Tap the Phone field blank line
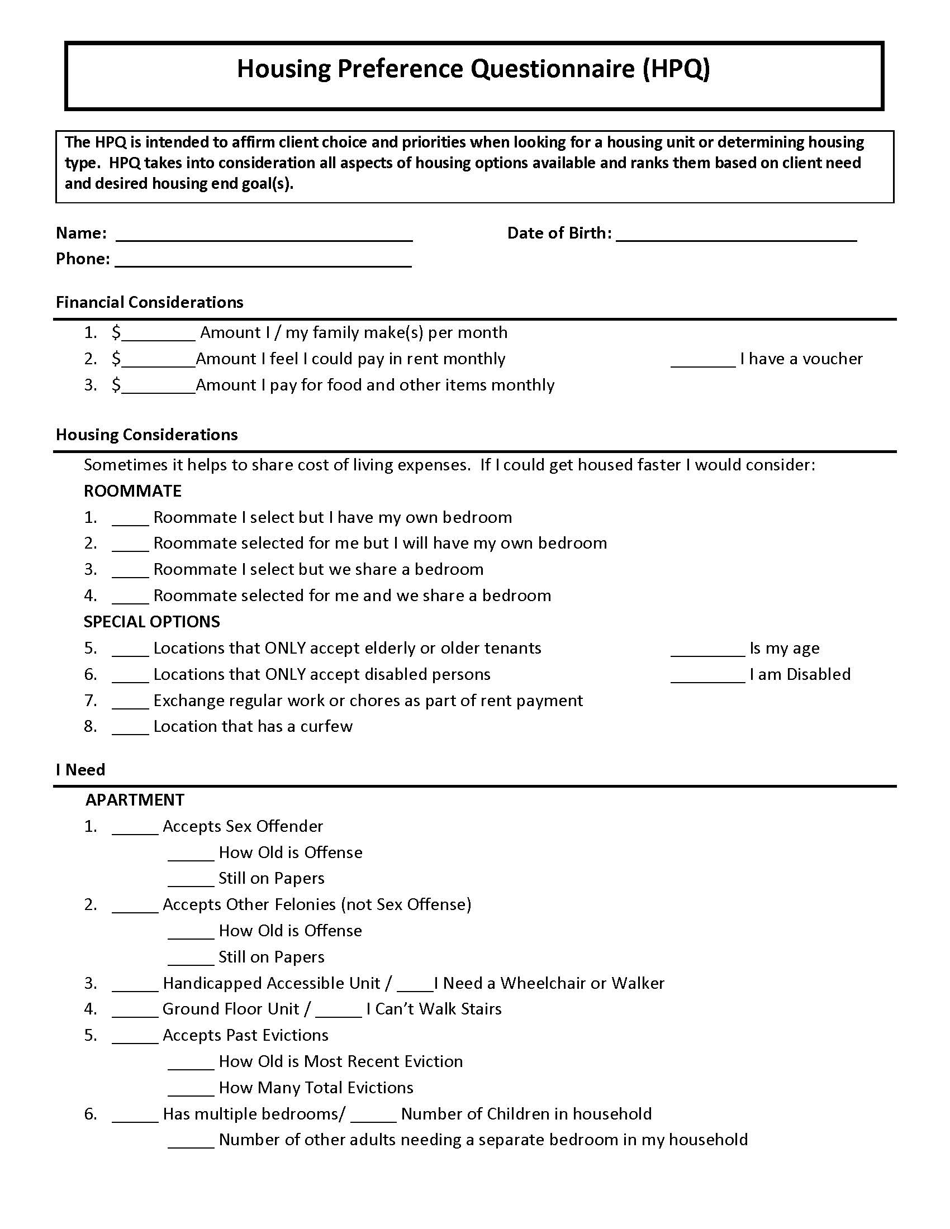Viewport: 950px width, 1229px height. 263,261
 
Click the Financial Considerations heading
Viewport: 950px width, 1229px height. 149,302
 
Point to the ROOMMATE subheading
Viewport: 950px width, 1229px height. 132,490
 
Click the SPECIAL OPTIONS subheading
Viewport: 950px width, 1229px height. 151,621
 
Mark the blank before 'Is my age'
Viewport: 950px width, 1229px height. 707,650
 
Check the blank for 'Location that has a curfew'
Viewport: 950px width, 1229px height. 130,728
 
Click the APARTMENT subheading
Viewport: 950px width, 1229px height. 135,799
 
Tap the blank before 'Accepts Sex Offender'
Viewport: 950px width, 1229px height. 135,829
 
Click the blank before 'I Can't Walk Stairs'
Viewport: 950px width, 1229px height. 338,1011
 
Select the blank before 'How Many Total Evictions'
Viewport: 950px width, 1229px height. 191,1090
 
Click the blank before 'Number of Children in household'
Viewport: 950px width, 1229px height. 373,1117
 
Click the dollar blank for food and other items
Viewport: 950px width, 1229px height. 158,387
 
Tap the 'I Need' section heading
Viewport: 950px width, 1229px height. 80,769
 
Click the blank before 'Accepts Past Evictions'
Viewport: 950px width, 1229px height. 135,1038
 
